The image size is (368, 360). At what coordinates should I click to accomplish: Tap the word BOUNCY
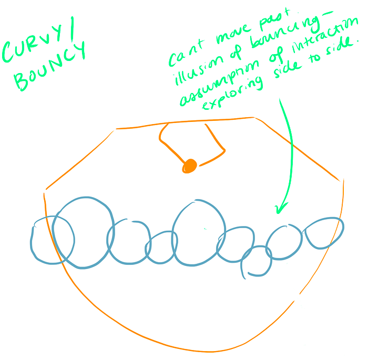click(x=50, y=68)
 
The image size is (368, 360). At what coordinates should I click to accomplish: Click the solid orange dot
click(x=189, y=166)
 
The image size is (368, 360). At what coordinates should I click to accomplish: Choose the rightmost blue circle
click(x=324, y=233)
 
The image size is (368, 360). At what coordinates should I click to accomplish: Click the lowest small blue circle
click(x=257, y=261)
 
